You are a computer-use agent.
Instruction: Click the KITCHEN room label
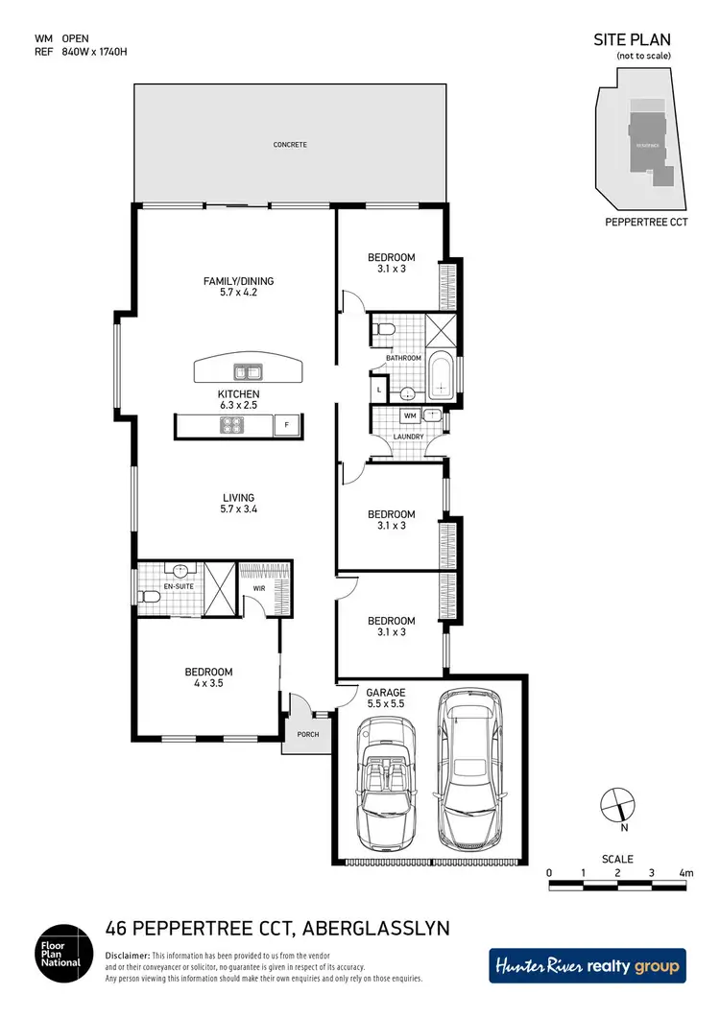click(238, 394)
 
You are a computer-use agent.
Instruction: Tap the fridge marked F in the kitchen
click(285, 425)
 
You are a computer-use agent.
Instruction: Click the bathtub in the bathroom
click(442, 377)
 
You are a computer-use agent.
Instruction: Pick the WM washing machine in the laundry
click(409, 416)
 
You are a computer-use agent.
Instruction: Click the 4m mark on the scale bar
click(685, 872)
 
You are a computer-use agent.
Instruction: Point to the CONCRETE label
click(290, 145)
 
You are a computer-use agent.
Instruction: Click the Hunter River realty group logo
click(588, 965)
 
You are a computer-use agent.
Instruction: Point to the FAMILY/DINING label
click(238, 281)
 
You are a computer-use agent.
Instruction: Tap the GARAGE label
click(386, 692)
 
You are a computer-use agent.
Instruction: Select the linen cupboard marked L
click(380, 390)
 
